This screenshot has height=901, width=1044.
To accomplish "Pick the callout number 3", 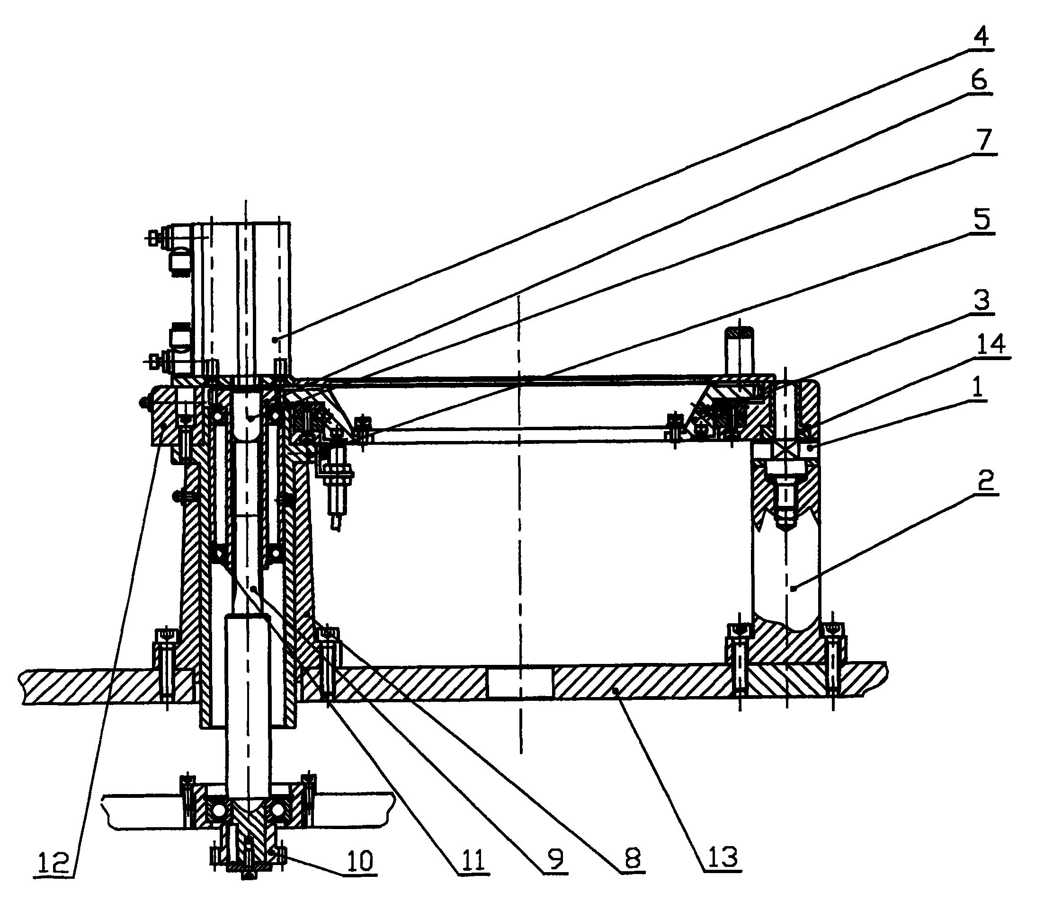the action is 980,301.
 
